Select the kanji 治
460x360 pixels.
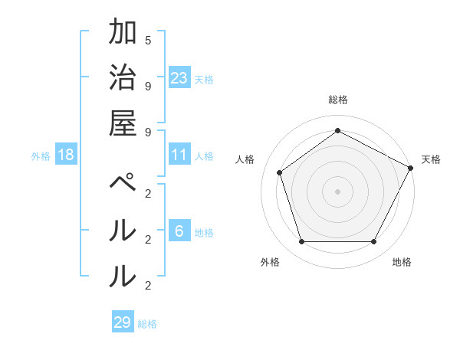(123, 77)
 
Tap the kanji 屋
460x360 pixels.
(123, 122)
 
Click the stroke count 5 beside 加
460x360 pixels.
(148, 40)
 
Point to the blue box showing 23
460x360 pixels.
(179, 77)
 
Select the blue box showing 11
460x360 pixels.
(179, 155)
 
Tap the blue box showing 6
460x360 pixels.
(179, 231)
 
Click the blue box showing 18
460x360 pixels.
(66, 155)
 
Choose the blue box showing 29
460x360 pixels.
(123, 322)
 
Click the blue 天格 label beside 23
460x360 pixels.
(204, 79)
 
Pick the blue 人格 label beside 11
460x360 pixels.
(204, 156)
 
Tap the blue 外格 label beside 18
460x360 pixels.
(41, 156)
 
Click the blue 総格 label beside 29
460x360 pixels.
(147, 324)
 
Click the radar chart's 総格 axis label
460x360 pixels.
(338, 100)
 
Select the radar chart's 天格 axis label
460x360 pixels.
(431, 159)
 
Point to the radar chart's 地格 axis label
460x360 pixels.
(402, 262)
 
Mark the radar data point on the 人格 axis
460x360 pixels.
(280, 172)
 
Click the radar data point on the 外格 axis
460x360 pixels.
(301, 242)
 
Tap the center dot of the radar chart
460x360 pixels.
(338, 191)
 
